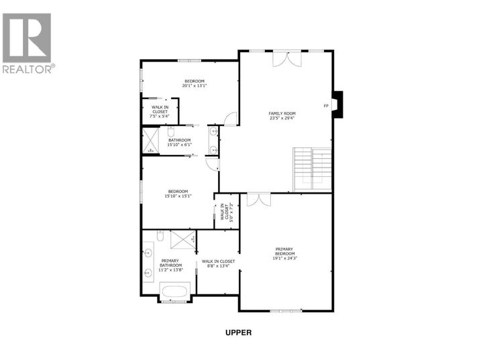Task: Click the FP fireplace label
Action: pos(326,105)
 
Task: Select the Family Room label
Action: pos(282,113)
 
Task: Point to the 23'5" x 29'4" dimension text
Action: pos(282,119)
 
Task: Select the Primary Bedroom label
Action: pos(284,252)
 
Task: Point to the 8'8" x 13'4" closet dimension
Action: pos(218,266)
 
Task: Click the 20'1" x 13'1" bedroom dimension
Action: pos(195,86)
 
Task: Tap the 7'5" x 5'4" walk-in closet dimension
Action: pos(160,116)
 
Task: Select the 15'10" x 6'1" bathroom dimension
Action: pos(180,145)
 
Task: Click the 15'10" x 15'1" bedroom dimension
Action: pos(179,196)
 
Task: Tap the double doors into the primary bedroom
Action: pos(258,199)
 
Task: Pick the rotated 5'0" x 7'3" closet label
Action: pos(227,212)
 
